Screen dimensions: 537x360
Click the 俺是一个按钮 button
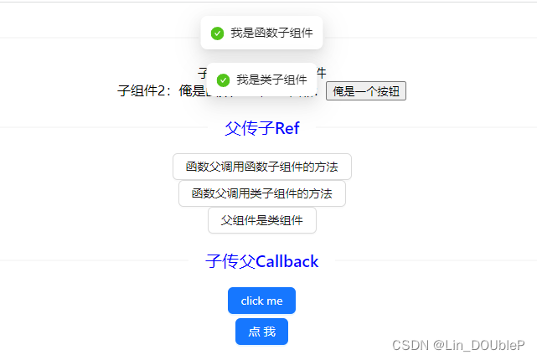pyautogui.click(x=365, y=91)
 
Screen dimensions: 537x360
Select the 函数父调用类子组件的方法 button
pyautogui.click(x=261, y=193)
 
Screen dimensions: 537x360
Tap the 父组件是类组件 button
pyautogui.click(x=261, y=220)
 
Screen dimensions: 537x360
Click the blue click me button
pyautogui.click(x=261, y=301)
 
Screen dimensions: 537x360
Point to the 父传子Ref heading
pyautogui.click(x=261, y=128)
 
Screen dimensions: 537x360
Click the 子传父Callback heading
pyautogui.click(x=261, y=261)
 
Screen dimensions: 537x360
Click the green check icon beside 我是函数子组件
pyautogui.click(x=217, y=33)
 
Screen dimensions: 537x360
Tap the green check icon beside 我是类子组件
pyautogui.click(x=223, y=80)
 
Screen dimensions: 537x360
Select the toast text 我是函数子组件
pyautogui.click(x=271, y=33)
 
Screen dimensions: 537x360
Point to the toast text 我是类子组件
pyautogui.click(x=271, y=80)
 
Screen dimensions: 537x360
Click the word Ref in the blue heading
pyautogui.click(x=287, y=128)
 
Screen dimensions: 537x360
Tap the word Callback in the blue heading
pyautogui.click(x=287, y=261)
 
